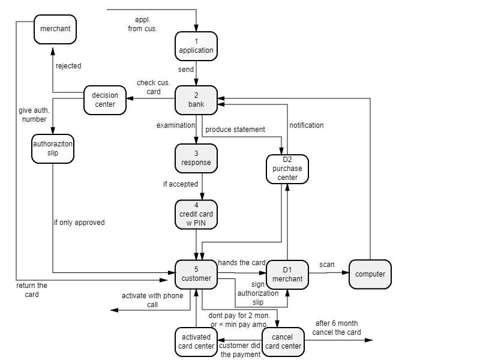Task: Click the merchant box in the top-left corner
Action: click(55, 29)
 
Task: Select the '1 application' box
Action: click(196, 46)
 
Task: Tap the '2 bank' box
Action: click(196, 100)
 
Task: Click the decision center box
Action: click(105, 100)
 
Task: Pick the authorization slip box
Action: click(53, 148)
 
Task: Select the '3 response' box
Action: click(196, 158)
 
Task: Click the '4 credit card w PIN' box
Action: click(196, 214)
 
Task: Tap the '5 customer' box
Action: click(196, 274)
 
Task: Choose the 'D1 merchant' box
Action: click(287, 275)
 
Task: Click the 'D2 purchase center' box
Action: click(287, 169)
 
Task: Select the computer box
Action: click(370, 274)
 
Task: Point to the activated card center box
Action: click(196, 342)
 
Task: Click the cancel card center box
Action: click(283, 342)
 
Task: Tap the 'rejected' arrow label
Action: click(68, 66)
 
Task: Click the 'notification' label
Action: click(307, 125)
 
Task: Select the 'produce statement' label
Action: click(235, 130)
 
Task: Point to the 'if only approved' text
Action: click(79, 223)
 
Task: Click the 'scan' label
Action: click(327, 265)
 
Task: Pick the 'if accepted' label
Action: click(181, 184)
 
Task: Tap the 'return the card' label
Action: click(32, 290)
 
